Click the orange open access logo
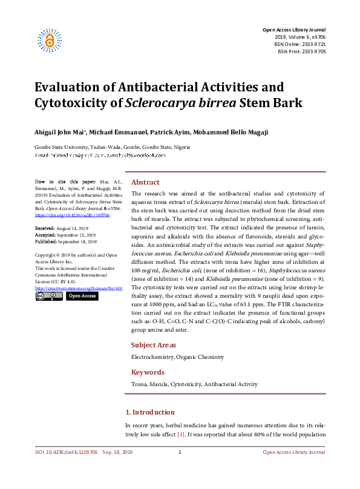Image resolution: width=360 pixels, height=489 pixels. (x=49, y=39)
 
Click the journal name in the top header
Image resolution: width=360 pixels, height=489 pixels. (x=293, y=30)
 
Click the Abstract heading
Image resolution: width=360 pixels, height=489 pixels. (x=145, y=182)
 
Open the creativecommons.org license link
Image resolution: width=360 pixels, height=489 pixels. (x=79, y=289)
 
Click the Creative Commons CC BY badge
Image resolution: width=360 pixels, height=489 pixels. (x=48, y=297)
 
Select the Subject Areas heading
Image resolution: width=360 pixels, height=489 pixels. (x=154, y=346)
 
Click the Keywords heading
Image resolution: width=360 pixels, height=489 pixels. (x=148, y=372)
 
